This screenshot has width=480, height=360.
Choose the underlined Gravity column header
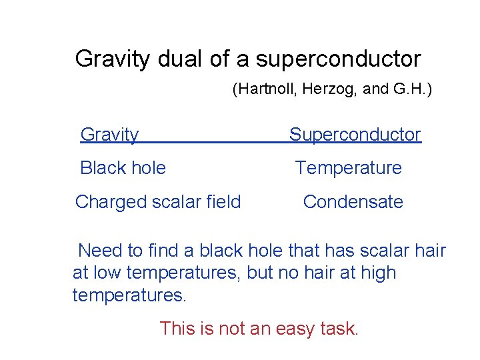coord(109,135)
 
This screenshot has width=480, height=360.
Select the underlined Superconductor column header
coord(355,135)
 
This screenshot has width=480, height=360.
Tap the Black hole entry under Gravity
coord(123,168)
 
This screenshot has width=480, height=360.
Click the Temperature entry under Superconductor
coord(349,168)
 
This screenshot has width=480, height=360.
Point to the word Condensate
coord(353,202)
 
